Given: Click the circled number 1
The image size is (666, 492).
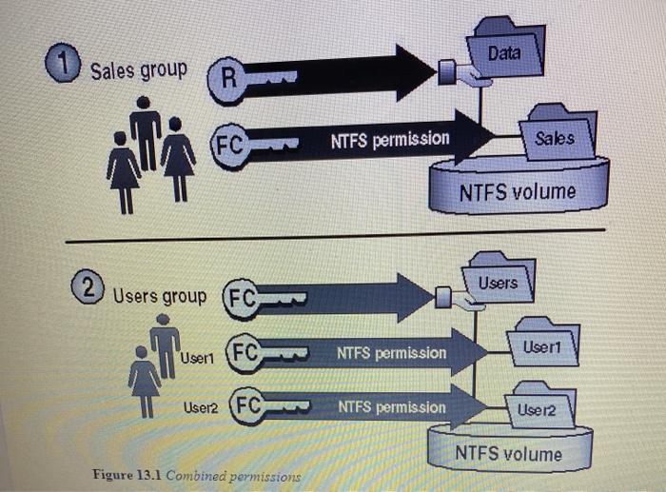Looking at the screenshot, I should click(x=64, y=68).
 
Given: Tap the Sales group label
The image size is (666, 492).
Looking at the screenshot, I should click(x=140, y=70).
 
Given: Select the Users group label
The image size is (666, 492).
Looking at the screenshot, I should click(x=160, y=296).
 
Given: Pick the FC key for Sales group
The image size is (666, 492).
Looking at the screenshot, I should click(x=229, y=147).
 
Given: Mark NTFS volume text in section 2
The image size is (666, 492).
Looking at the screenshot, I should click(x=507, y=453).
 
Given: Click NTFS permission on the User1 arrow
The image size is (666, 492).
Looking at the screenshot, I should click(x=391, y=353).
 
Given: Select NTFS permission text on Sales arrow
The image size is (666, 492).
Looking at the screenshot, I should click(x=390, y=140).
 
